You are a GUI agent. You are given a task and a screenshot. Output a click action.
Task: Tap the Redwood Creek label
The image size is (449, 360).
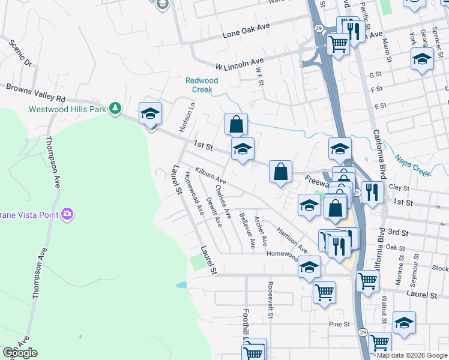(202, 85)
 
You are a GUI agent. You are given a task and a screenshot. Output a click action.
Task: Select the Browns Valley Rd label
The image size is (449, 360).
(35, 92)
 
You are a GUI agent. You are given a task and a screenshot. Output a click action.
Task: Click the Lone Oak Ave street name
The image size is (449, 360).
(246, 30)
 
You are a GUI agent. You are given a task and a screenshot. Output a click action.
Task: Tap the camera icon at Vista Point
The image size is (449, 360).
(67, 213)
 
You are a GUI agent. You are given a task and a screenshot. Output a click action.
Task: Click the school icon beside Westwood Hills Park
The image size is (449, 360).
(150, 113)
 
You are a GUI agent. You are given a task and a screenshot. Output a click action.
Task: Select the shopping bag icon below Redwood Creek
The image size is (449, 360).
(237, 125)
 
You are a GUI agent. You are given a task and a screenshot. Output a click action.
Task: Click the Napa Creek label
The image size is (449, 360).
(412, 166)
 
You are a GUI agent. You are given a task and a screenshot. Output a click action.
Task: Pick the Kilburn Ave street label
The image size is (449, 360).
(210, 176)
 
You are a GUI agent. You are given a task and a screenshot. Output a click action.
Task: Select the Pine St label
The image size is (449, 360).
(339, 324)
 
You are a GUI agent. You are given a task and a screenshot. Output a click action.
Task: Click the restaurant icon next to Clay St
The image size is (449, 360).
(372, 192)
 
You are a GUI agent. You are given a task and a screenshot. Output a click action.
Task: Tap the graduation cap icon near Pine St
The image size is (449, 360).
(404, 323)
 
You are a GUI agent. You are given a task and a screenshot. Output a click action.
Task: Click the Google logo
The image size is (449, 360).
(20, 353)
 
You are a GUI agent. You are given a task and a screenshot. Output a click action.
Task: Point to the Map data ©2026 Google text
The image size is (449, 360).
(411, 355)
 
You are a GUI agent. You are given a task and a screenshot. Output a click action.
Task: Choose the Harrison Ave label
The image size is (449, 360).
(292, 239)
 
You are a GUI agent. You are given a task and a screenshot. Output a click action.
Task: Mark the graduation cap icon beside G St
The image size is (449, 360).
(422, 59)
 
